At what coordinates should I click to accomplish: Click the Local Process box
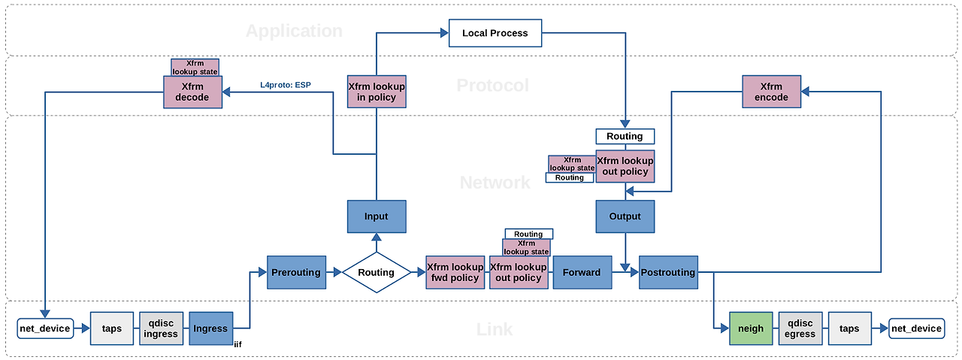tap(495, 33)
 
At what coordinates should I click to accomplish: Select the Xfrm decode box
tap(193, 92)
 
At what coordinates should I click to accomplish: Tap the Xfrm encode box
tap(771, 92)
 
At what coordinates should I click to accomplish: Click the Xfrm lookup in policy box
tap(377, 92)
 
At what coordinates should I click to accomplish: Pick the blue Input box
tap(377, 216)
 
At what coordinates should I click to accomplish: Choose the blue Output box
tap(625, 216)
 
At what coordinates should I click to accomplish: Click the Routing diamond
tap(377, 272)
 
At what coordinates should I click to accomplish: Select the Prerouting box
tap(296, 272)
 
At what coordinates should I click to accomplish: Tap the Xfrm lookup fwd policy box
tap(455, 272)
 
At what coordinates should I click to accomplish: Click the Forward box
tap(582, 272)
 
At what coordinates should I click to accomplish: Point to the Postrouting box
tap(668, 272)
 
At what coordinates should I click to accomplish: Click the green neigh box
tap(751, 328)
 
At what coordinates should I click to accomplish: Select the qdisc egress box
tap(800, 328)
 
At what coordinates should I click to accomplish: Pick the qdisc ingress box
tap(161, 328)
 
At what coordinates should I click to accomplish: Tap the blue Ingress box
tap(211, 328)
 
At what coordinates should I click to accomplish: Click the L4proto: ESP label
tap(286, 85)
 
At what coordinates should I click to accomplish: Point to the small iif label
tap(238, 344)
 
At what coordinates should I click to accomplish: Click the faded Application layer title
tap(294, 31)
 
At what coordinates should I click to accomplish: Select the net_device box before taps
tap(45, 328)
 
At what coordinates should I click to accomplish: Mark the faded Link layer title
tap(495, 329)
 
